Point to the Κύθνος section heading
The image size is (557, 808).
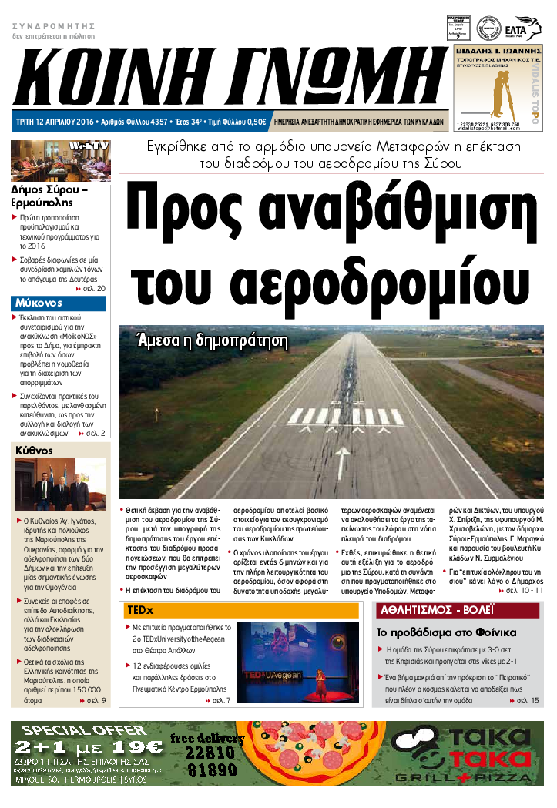pyautogui.click(x=34, y=451)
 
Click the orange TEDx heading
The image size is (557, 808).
pyautogui.click(x=141, y=610)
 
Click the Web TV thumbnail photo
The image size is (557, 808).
pyautogui.click(x=60, y=160)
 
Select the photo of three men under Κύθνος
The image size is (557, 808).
pyautogui.click(x=60, y=485)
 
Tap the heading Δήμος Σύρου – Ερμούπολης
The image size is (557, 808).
pyautogui.click(x=50, y=196)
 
